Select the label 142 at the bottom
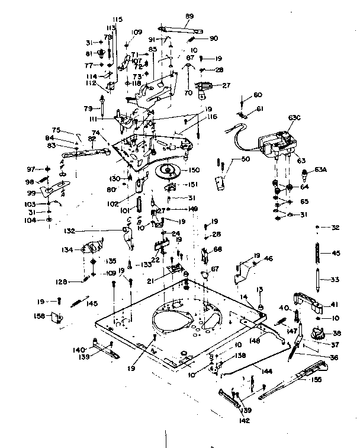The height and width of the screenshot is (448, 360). coord(245,421)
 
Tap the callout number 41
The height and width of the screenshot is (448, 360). coord(335,305)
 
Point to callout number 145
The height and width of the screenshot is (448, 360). coord(92,303)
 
